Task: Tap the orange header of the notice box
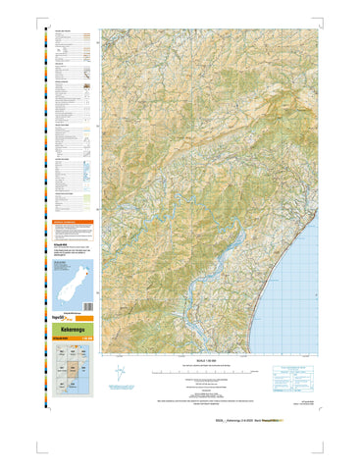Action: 74,223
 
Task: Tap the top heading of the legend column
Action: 64,32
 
